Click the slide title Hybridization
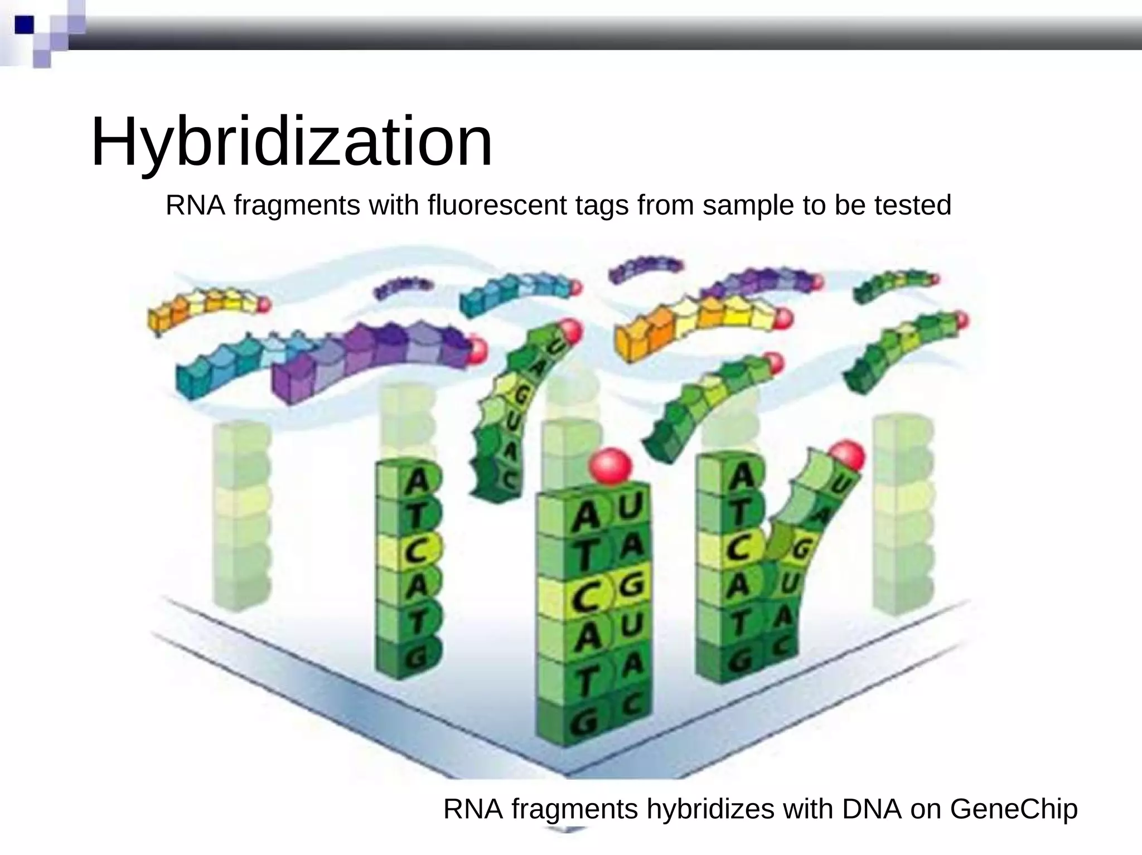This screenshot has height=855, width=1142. click(x=291, y=142)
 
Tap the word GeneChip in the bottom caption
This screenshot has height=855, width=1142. click(x=1013, y=809)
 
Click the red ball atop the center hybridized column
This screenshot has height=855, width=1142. click(x=611, y=465)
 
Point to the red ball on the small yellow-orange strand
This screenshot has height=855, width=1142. click(x=263, y=304)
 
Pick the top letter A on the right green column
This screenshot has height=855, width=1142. click(x=741, y=478)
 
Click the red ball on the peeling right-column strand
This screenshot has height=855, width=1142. click(x=846, y=456)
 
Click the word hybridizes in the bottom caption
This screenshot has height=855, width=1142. click(x=710, y=809)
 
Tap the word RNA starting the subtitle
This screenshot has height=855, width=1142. click(x=195, y=205)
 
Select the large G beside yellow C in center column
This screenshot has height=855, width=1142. click(x=631, y=585)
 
